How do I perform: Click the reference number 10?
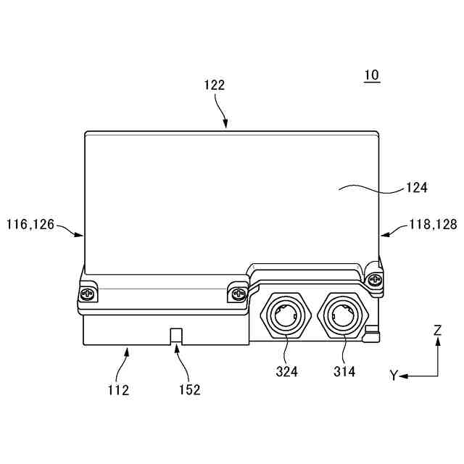371,75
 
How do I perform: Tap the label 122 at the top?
214,85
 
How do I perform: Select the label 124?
416,187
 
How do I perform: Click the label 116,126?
30,225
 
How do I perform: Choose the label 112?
117,390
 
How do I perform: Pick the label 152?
189,390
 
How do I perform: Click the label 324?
287,372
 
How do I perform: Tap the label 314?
344,372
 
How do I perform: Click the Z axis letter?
437,331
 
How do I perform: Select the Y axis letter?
394,376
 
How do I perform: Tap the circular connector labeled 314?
342,315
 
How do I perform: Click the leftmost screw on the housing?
88,294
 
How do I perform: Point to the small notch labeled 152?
175,335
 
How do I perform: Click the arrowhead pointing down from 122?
225,125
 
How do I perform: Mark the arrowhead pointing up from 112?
127,352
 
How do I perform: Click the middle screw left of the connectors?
237,294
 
